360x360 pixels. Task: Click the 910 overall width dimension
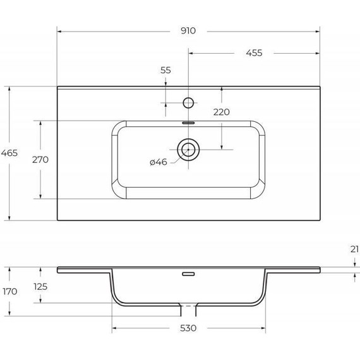pyautogui.click(x=189, y=30)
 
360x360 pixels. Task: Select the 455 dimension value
pyautogui.click(x=254, y=53)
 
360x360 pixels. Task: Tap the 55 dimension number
pyautogui.click(x=165, y=71)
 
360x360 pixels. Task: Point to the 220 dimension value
pyautogui.click(x=221, y=112)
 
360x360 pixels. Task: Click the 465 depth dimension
pyautogui.click(x=9, y=153)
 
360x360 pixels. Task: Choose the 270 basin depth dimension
pyautogui.click(x=40, y=159)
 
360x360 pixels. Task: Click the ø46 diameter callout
pyautogui.click(x=158, y=162)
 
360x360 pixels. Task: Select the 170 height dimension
pyautogui.click(x=9, y=292)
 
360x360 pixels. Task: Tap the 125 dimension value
pyautogui.click(x=40, y=287)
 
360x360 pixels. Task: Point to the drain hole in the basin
pyautogui.click(x=188, y=150)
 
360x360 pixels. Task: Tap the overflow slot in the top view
pyautogui.click(x=188, y=123)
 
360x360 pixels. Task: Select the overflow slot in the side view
pyautogui.click(x=188, y=274)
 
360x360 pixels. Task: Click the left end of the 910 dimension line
pyautogui.click(x=57, y=30)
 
